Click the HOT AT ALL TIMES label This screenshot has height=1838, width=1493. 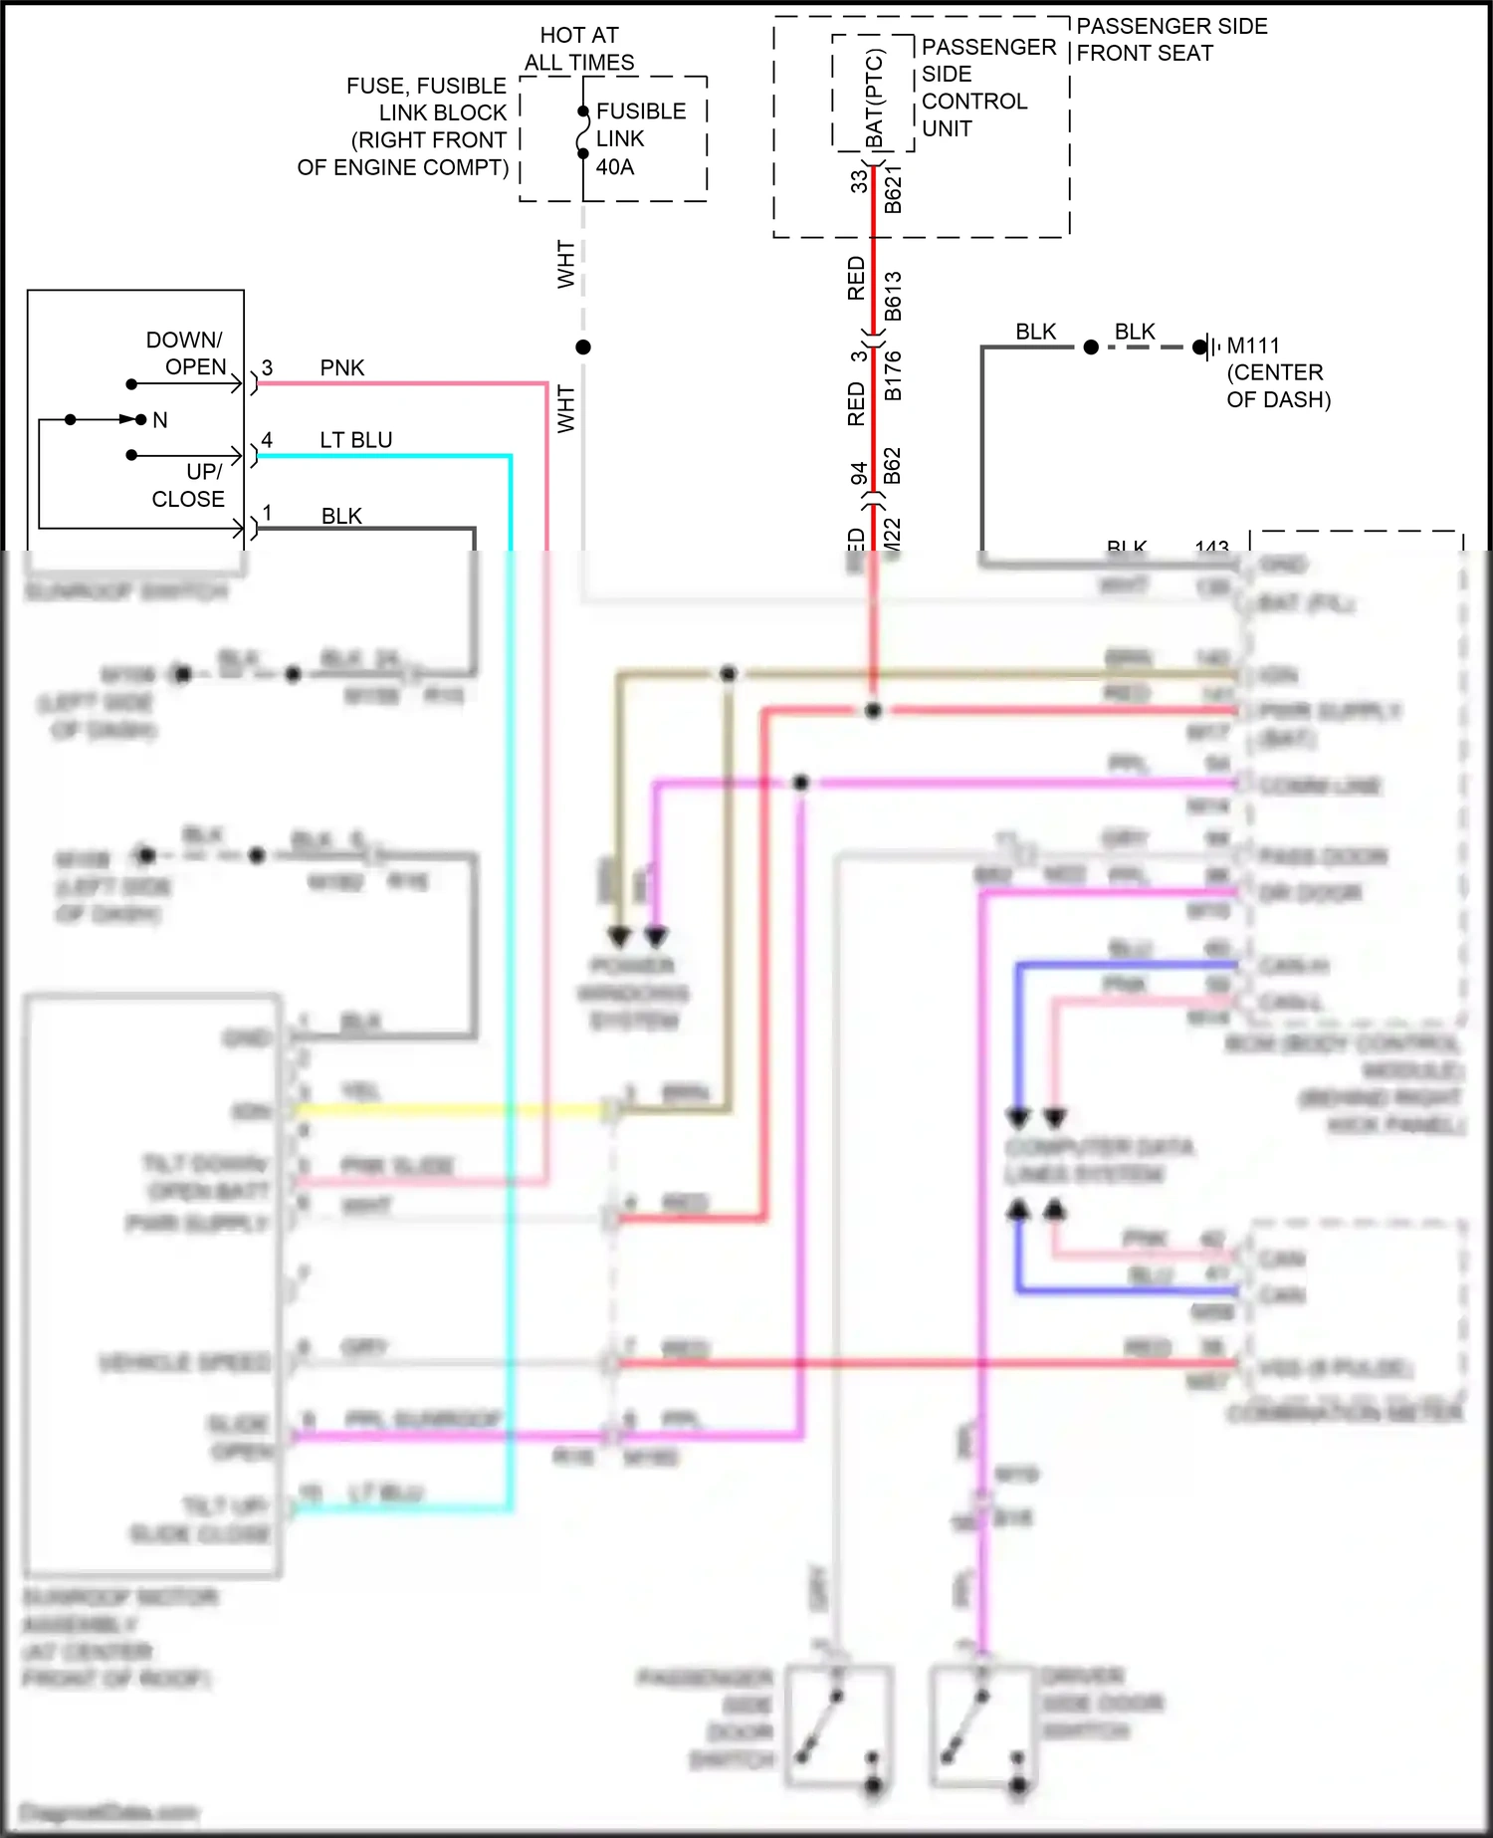(x=579, y=49)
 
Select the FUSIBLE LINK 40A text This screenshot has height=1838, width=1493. (x=640, y=138)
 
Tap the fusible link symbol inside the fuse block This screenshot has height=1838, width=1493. (x=583, y=132)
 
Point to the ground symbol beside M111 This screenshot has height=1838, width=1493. (x=1207, y=347)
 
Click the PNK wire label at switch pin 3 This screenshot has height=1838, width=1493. (x=341, y=367)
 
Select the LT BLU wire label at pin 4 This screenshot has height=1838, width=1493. (x=355, y=440)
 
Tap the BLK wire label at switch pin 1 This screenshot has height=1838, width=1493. (x=341, y=516)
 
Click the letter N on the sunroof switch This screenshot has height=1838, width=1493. (x=160, y=420)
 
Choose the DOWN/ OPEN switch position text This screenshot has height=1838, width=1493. (x=185, y=353)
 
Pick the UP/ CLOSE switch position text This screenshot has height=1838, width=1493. (x=188, y=485)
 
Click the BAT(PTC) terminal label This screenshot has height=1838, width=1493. (x=874, y=99)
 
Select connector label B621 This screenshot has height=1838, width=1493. (x=893, y=189)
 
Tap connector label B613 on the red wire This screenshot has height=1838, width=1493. (x=893, y=296)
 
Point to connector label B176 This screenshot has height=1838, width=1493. (x=893, y=375)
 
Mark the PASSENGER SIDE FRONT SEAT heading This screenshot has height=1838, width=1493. (x=1172, y=40)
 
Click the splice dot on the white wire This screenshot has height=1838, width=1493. (x=583, y=346)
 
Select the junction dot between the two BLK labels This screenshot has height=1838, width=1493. (x=1091, y=346)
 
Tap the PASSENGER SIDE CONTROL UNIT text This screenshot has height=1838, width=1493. (x=987, y=88)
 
